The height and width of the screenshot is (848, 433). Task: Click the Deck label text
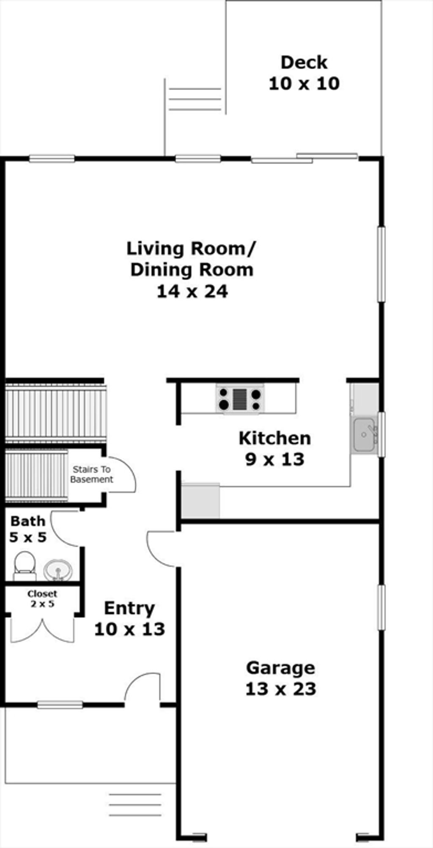click(x=304, y=63)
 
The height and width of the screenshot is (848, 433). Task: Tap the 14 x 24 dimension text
click(x=192, y=292)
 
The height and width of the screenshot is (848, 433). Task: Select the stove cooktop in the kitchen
click(x=239, y=399)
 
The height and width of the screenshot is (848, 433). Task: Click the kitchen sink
click(x=364, y=435)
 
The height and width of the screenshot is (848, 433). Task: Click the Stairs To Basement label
click(x=91, y=474)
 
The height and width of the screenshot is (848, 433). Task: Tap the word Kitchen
click(x=275, y=438)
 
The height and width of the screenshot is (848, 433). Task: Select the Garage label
click(x=281, y=668)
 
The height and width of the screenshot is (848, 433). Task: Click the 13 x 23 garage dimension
click(x=281, y=689)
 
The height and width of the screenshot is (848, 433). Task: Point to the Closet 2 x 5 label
click(x=42, y=599)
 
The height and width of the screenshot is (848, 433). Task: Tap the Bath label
click(x=27, y=521)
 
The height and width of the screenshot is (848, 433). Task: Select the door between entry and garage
click(x=162, y=548)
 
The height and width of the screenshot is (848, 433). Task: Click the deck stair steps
click(x=195, y=99)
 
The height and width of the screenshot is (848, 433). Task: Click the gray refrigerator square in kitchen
click(x=201, y=501)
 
